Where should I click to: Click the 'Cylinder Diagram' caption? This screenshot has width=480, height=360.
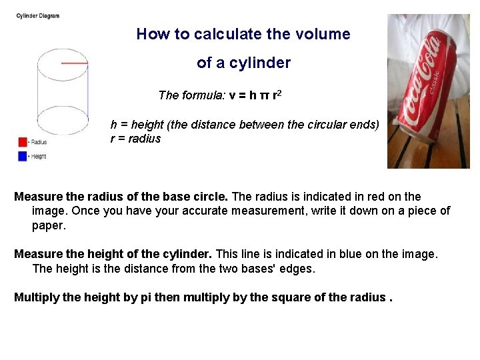(x=38, y=16)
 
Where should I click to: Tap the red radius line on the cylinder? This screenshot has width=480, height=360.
(x=75, y=63)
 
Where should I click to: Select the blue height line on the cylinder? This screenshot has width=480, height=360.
(x=88, y=93)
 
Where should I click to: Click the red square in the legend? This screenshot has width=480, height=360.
(x=22, y=142)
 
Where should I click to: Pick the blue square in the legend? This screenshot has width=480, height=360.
(x=22, y=156)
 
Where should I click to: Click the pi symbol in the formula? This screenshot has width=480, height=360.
(x=264, y=95)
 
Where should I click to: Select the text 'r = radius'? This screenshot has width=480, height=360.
(x=135, y=139)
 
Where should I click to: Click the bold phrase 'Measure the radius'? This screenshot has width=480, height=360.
(x=66, y=197)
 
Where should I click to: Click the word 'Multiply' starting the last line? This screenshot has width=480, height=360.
(x=37, y=297)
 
